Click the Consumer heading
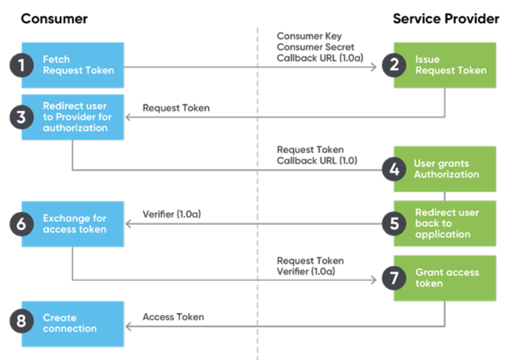[x=54, y=19]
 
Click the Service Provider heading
[x=446, y=19]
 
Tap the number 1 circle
[x=22, y=65]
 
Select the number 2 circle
[x=394, y=65]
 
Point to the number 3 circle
[x=22, y=117]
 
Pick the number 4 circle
[x=394, y=169]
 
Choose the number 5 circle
[x=394, y=224]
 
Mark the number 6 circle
[x=22, y=224]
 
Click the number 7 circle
[x=394, y=278]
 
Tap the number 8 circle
[x=22, y=323]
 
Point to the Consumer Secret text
[x=315, y=47]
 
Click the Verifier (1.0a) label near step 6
[x=172, y=214]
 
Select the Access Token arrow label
[x=173, y=317]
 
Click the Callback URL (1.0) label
[x=317, y=160]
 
